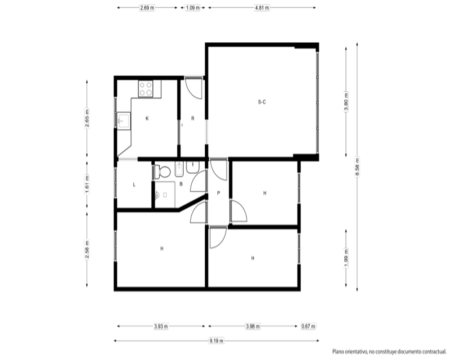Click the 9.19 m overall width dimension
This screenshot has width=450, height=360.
coord(216,341)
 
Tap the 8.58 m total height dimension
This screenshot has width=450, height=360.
coord(357,167)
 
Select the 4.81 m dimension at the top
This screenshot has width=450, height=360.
coord(262,8)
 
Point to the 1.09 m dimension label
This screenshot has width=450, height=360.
coord(193,8)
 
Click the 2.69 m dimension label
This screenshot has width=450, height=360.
coord(147,8)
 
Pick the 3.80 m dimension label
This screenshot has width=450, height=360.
coord(346,102)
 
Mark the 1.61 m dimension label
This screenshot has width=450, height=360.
coord(87,184)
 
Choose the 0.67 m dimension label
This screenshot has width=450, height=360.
coord(308,326)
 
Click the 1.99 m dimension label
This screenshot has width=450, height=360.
coord(346,258)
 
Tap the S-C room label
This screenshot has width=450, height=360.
coord(262,102)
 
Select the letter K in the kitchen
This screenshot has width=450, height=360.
coord(147,118)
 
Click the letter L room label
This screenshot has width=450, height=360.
coord(134,184)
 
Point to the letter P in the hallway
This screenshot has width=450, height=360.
coord(218,193)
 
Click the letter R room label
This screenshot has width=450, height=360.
coord(193,118)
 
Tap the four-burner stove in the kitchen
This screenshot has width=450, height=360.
coord(145,89)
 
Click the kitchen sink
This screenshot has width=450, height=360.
coord(124,120)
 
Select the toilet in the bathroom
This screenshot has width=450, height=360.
coord(162,172)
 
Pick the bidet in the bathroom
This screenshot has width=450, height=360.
coord(179,169)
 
